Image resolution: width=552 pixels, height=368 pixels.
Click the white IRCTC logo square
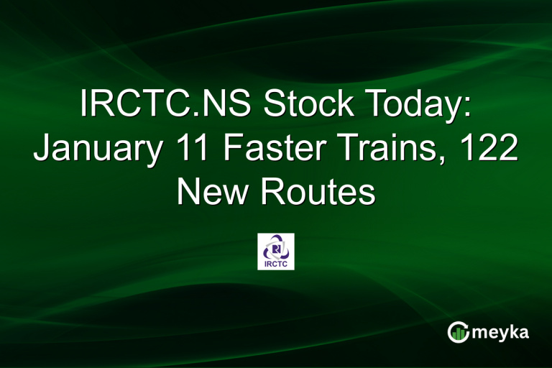[276, 251]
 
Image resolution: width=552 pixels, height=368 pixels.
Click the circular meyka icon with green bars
[458, 331]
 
